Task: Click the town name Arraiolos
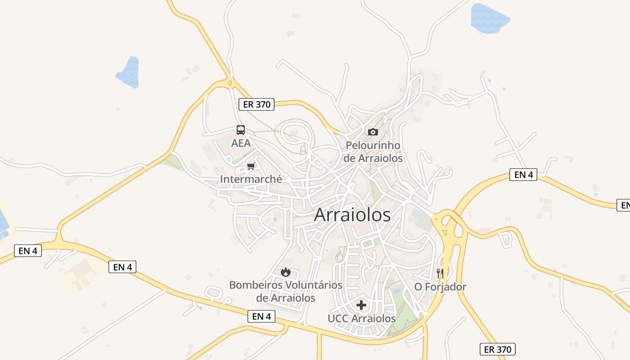(352, 215)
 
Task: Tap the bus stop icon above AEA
(241, 130)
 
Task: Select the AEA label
(241, 143)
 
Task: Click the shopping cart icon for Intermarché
(251, 166)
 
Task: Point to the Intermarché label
(251, 179)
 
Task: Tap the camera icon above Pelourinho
(373, 132)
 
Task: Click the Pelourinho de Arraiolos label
(373, 152)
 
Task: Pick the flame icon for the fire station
(286, 272)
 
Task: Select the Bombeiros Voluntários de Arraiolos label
(286, 291)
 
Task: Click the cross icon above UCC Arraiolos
(361, 306)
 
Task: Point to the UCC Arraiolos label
(362, 319)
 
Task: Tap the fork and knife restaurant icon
(440, 273)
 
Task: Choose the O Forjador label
(440, 287)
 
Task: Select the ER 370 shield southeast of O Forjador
(497, 349)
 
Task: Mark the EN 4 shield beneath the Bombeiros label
(261, 316)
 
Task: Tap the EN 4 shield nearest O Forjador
(523, 175)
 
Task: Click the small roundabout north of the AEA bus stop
(230, 82)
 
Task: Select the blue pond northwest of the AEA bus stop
(128, 72)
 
